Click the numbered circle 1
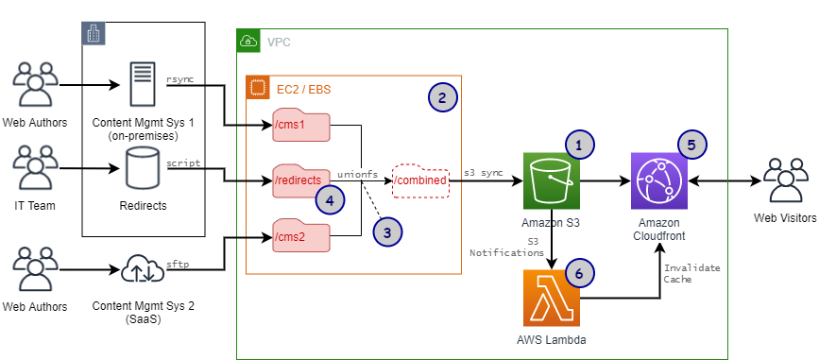[579, 144]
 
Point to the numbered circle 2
[442, 96]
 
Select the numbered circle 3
[387, 230]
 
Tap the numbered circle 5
[692, 145]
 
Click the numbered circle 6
[579, 271]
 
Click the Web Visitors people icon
[783, 180]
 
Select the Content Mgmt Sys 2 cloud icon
[144, 273]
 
